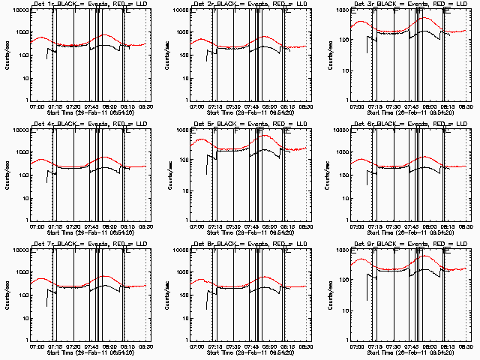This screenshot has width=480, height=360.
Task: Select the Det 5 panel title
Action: (x=249, y=124)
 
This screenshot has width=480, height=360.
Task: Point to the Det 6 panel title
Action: (x=409, y=124)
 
